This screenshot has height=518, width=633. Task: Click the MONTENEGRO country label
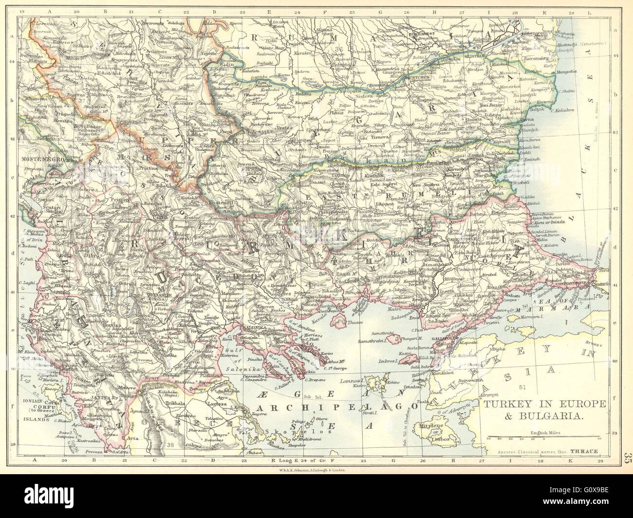(38, 159)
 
